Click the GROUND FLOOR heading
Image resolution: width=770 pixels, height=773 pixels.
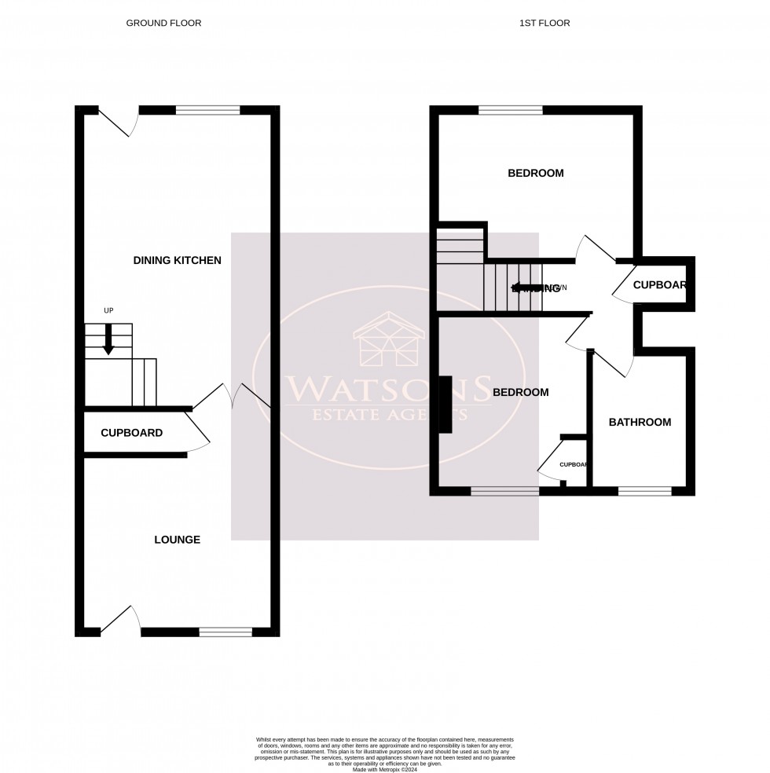click(163, 24)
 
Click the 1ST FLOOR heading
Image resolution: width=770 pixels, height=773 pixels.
click(544, 24)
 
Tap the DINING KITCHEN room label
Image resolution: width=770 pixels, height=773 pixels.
click(177, 261)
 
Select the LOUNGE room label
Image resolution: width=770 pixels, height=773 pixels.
click(177, 540)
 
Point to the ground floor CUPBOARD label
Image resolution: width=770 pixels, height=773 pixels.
click(131, 433)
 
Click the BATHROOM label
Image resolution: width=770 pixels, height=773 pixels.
click(640, 423)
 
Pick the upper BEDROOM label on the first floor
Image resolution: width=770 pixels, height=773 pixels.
click(535, 174)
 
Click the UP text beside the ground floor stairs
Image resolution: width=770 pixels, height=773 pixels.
click(108, 311)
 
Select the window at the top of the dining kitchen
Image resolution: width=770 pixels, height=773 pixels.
click(207, 111)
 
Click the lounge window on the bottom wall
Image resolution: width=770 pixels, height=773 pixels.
click(225, 632)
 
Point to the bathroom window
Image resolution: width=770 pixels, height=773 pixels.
click(644, 492)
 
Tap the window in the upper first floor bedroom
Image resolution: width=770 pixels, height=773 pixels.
click(510, 111)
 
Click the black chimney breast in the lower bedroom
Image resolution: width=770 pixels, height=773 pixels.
click(445, 405)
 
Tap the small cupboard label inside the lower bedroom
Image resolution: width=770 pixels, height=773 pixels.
click(573, 465)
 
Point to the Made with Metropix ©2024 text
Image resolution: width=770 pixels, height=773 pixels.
click(384, 768)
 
